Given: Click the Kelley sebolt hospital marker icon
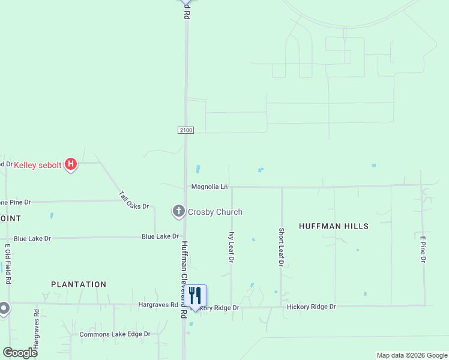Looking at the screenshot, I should [71, 164].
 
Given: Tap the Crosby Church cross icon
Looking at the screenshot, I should [178, 212].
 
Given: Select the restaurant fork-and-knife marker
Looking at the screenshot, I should [195, 296].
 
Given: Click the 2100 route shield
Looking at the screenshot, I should [185, 130].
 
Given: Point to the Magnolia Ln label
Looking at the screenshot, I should [209, 187].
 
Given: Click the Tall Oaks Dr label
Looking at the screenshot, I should [133, 200].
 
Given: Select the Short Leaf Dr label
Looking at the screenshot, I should [281, 247].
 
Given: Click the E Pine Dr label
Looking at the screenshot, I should [423, 249].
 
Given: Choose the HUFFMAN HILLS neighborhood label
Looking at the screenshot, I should [334, 226].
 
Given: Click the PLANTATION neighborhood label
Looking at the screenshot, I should [79, 284].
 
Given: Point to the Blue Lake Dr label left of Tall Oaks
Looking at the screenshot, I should [32, 238].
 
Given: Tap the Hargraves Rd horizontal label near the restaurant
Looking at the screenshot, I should [158, 305].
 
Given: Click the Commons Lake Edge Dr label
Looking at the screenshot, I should [115, 334].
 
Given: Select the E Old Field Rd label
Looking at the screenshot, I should [8, 263].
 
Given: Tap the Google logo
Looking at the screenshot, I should [20, 353].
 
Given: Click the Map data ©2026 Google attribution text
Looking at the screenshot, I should [411, 355].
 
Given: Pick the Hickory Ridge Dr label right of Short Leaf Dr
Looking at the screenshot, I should [311, 307].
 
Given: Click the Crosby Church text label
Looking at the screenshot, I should [215, 212].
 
